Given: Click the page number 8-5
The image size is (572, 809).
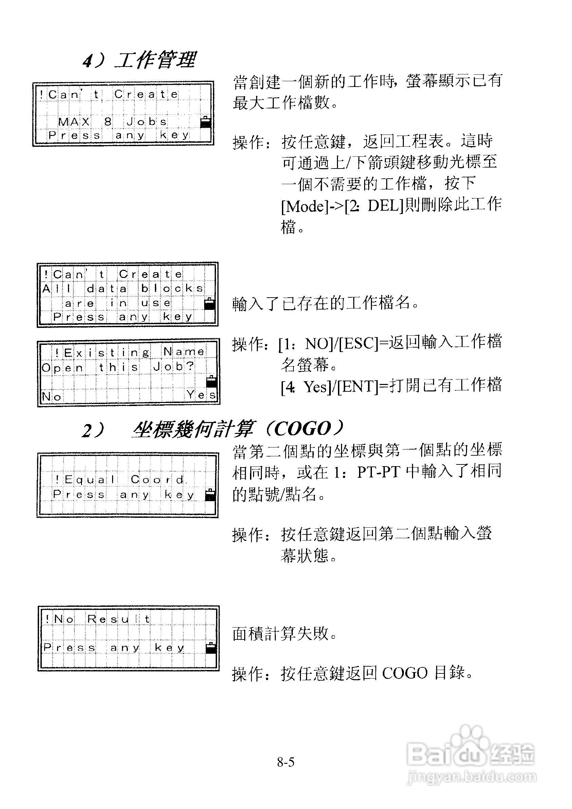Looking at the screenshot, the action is [x=285, y=762].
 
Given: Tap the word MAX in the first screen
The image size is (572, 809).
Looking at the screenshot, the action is [x=74, y=122].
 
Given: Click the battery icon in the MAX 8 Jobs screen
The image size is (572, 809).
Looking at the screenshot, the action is [x=205, y=122].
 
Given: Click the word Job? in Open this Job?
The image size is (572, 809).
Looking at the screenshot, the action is [x=173, y=367].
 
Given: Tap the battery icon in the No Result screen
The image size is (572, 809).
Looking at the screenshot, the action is [x=211, y=648].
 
